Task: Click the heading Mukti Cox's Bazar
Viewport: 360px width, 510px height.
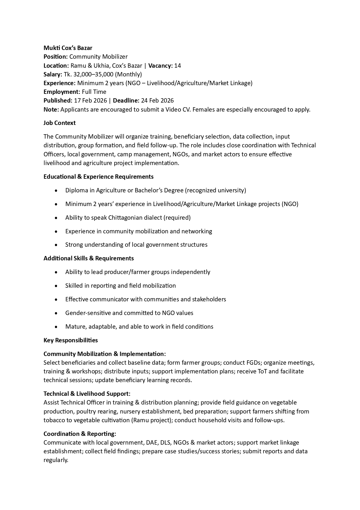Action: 68,48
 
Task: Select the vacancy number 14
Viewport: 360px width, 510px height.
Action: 177,66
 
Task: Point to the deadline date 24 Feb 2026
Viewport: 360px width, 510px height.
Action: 157,101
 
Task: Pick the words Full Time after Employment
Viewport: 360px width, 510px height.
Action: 94,92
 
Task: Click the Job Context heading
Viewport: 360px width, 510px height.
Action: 60,123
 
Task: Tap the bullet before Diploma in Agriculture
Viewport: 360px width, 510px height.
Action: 56,191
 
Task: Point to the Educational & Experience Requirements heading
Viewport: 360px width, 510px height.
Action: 98,177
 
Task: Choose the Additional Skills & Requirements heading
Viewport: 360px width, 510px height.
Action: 89,258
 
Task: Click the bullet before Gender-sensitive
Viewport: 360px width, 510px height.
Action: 56,313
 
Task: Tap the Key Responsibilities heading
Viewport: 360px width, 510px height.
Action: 71,340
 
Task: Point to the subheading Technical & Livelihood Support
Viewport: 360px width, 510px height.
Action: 87,394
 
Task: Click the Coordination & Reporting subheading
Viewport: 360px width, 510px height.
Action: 80,434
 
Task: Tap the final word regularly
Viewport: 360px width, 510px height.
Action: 56,460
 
